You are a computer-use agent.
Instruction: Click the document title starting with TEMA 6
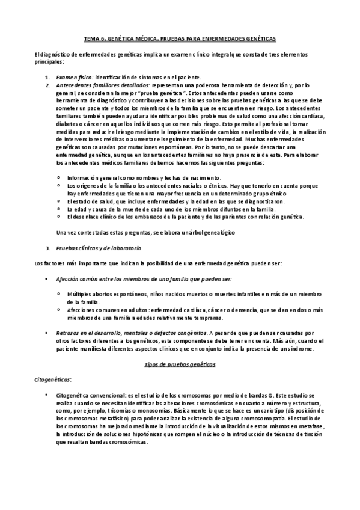[x=179, y=38]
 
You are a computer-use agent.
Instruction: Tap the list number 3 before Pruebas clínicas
[x=47, y=248]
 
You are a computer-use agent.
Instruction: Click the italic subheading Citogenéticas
[x=53, y=379]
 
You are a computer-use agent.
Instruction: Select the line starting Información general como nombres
[x=144, y=177]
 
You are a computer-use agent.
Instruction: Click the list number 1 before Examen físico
[x=47, y=78]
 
